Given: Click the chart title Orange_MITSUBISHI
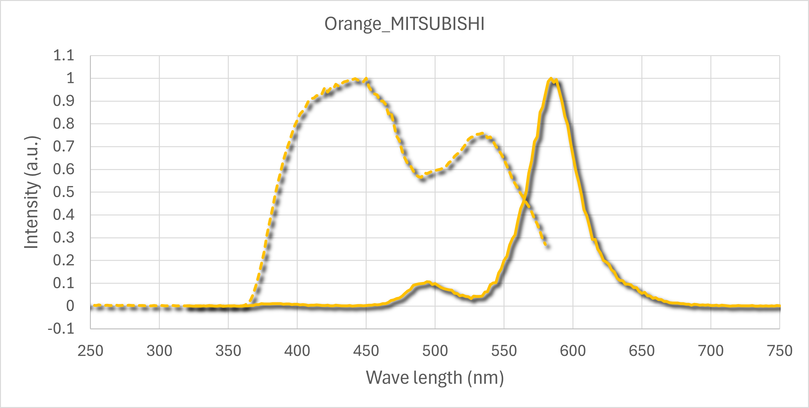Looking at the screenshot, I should tap(404, 24).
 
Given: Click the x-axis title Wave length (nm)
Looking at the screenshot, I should tap(435, 378).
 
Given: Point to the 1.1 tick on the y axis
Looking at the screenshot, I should tap(64, 55).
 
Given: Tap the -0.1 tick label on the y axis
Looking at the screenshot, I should tap(61, 329).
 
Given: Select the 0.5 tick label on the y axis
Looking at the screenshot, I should tap(64, 192).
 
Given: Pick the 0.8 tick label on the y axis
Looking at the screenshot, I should tap(64, 124).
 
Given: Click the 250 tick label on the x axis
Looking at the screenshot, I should tap(91, 351).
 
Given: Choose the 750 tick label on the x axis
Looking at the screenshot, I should tap(780, 351).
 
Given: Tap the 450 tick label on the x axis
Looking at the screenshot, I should tap(366, 351).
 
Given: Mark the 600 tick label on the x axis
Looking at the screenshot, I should tap(572, 351).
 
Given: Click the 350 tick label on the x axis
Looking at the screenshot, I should tap(228, 351).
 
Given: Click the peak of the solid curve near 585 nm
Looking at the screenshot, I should tap(551, 79).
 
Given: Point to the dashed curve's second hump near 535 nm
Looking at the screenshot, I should tap(482, 133).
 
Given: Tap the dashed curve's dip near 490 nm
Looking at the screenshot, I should tap(421, 178).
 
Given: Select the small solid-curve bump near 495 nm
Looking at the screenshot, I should tap(427, 282).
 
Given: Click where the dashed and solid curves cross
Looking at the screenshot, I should tap(525, 198).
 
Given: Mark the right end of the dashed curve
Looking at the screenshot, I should tap(547, 245).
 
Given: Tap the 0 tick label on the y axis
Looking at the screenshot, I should tap(70, 306).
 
